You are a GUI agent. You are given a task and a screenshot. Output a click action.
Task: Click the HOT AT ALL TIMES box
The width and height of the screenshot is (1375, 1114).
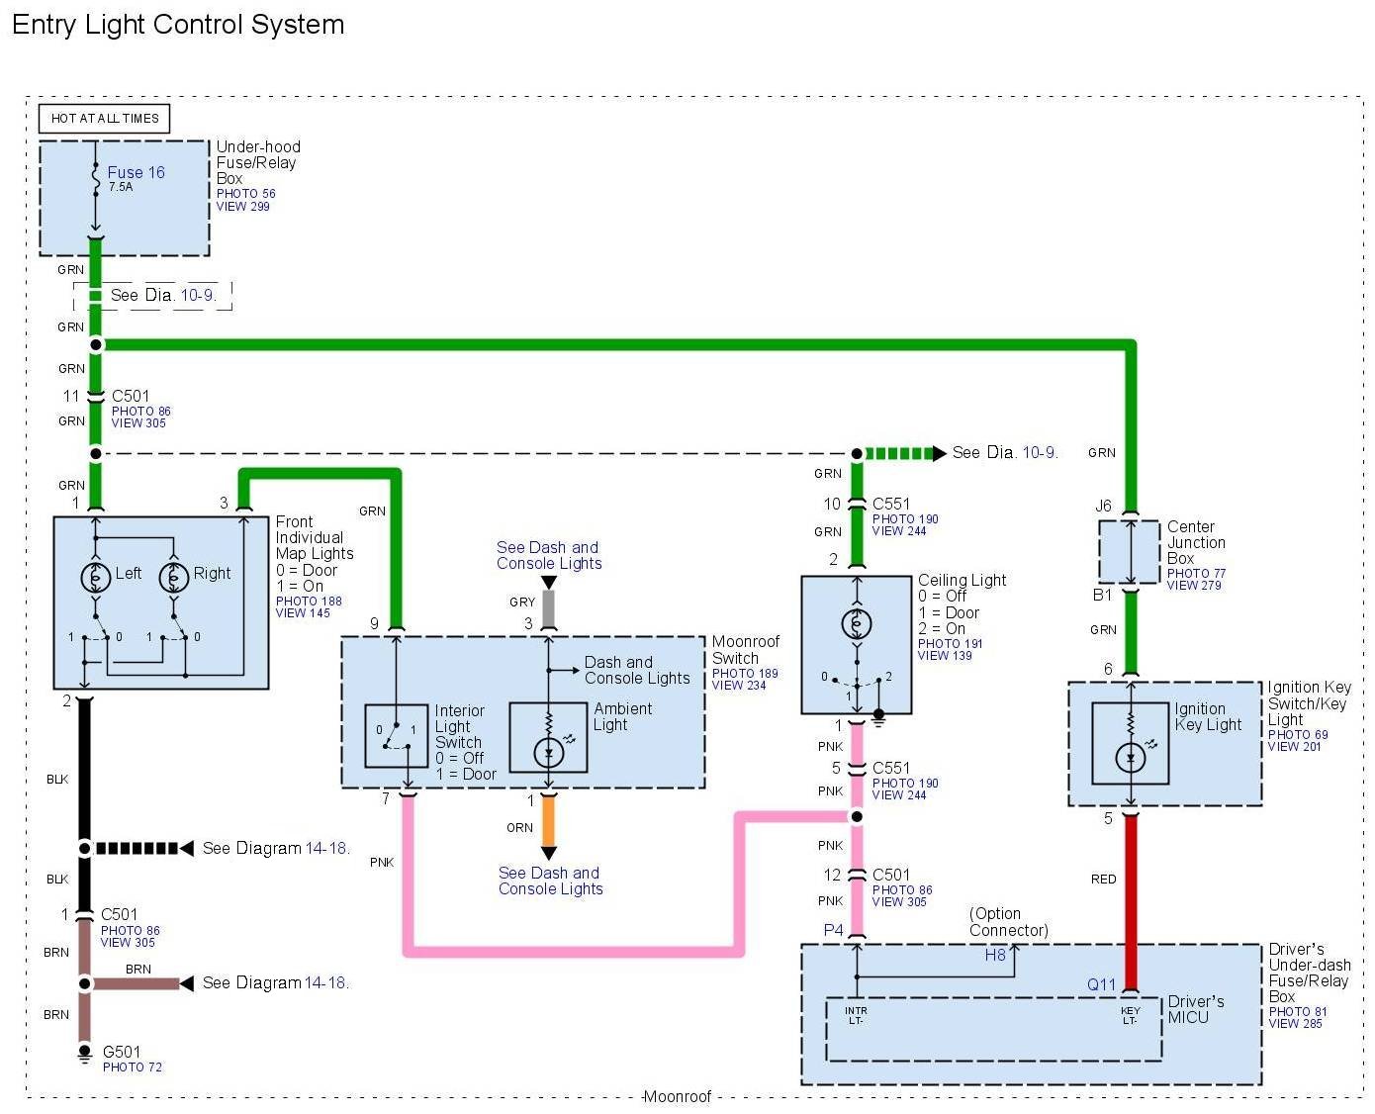coord(105,119)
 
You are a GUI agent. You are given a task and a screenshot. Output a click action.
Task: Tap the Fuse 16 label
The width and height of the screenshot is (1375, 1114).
coord(136,172)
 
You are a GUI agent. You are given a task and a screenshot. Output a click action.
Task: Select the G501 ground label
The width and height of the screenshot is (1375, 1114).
coord(122,1052)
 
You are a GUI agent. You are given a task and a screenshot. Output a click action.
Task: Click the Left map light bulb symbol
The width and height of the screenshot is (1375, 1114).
coord(96,577)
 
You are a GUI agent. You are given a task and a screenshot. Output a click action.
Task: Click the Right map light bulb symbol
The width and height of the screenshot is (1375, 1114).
coord(174,577)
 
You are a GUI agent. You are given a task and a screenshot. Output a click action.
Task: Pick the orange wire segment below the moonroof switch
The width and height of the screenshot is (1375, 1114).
coord(548,820)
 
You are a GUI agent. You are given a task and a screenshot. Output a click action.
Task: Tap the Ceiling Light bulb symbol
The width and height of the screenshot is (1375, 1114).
coord(857,624)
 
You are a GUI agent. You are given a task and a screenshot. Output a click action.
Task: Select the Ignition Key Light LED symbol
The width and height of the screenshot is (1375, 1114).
coord(1131,758)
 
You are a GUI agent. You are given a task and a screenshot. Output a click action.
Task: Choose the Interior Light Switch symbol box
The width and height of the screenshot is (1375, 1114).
coord(396,735)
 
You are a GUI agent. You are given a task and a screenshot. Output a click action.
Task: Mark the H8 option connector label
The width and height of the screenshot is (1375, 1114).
coord(995,955)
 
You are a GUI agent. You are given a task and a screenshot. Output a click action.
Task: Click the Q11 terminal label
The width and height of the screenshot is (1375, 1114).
coord(1101,984)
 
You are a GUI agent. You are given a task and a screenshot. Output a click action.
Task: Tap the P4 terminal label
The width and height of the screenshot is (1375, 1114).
coord(834,930)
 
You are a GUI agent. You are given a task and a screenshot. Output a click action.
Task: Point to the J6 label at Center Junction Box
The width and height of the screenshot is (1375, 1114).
coord(1104,506)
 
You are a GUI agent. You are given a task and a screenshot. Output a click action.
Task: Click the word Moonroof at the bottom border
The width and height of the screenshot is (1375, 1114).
coord(678,1096)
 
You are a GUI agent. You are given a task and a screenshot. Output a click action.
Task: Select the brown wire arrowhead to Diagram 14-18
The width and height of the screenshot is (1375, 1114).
coord(185,983)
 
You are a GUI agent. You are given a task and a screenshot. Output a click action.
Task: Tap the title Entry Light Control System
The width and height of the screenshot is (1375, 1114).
coord(178,25)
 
